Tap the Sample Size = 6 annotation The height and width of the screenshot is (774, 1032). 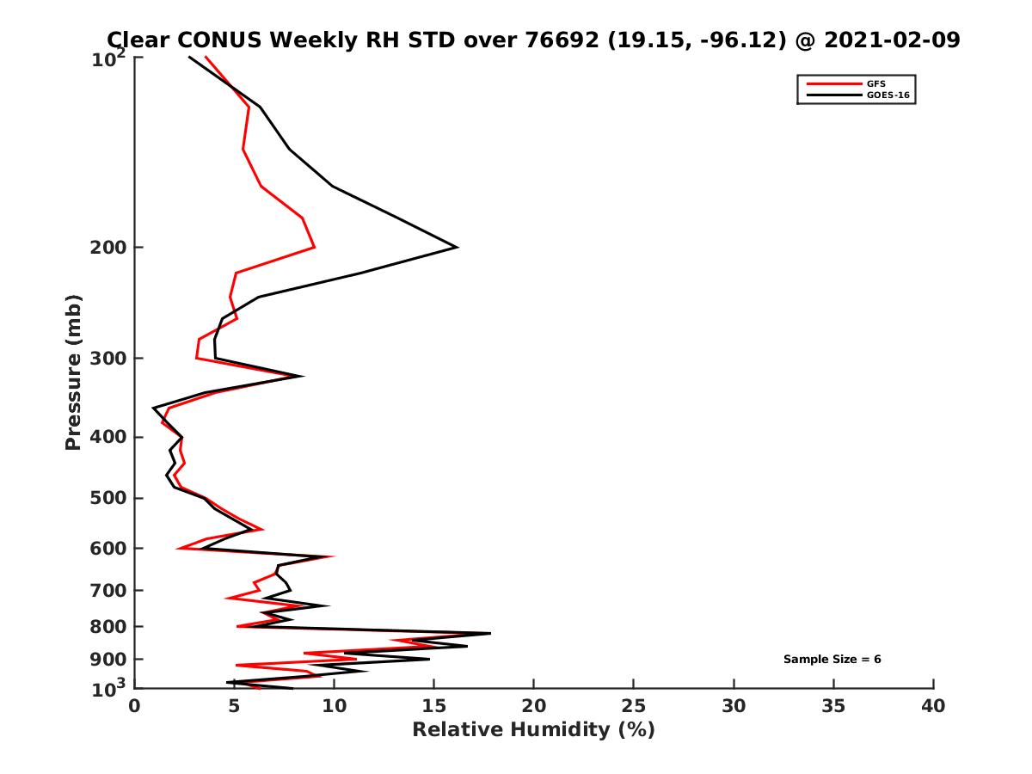[832, 660]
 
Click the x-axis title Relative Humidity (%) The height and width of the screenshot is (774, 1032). [533, 730]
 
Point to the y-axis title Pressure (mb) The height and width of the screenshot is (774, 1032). [73, 372]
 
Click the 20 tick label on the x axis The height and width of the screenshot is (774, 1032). [533, 706]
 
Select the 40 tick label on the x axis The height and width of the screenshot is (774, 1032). [933, 706]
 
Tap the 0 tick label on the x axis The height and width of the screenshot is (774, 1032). [134, 706]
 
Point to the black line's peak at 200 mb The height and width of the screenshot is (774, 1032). [457, 248]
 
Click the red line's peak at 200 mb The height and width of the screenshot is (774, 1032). [315, 248]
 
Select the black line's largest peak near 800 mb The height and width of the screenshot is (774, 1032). [490, 634]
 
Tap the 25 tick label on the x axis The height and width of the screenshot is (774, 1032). [634, 706]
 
